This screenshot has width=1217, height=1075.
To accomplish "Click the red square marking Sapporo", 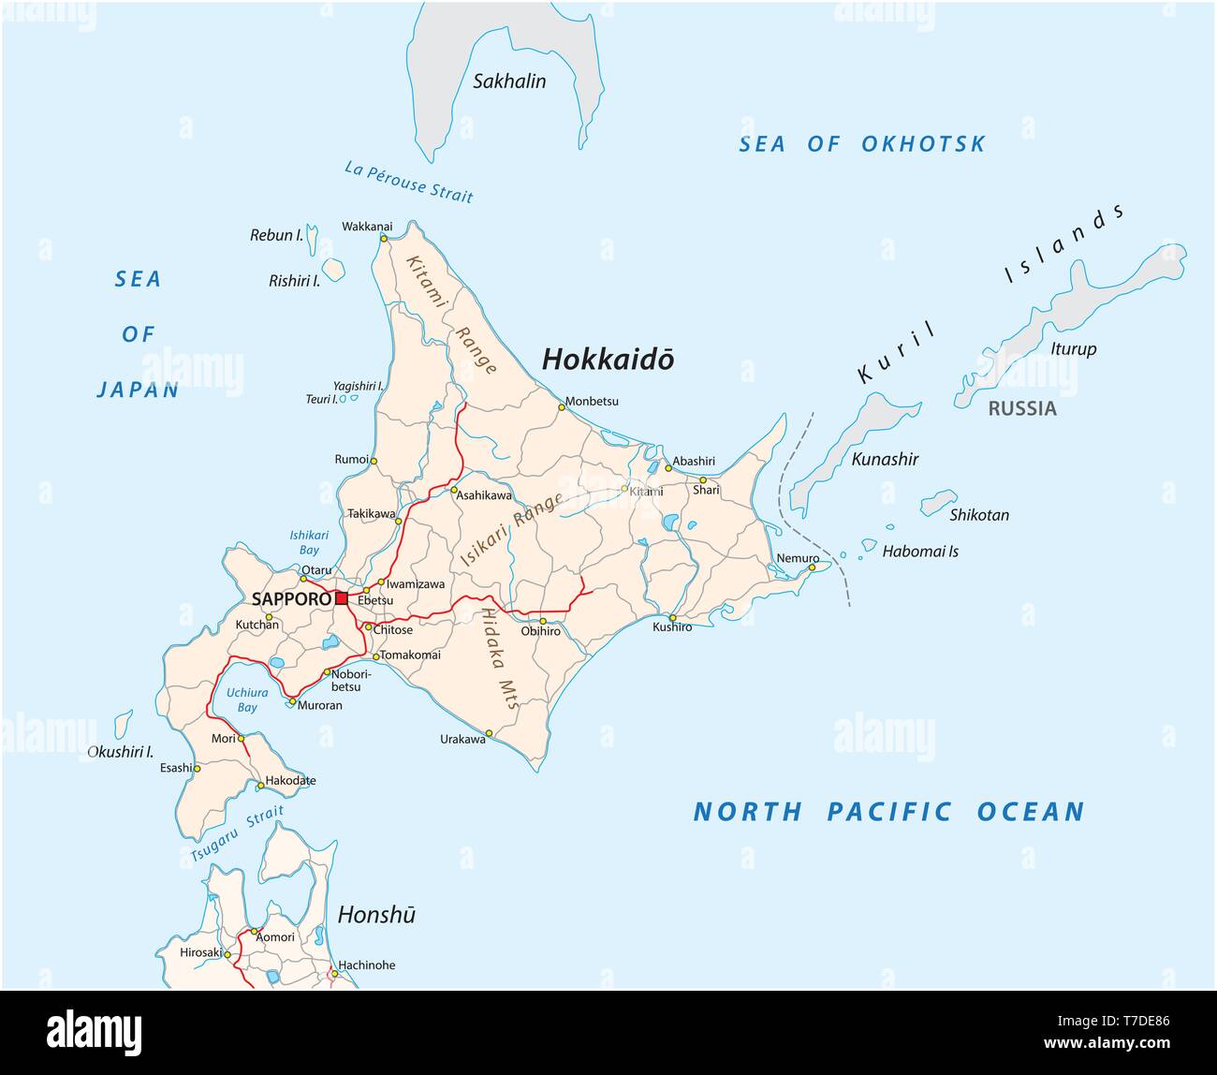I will coord(342,597).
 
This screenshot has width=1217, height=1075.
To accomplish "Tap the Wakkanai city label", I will coord(367,227).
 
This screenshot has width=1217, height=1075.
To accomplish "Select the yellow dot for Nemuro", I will coord(813,567).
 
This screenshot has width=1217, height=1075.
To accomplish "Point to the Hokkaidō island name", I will coord(608,360).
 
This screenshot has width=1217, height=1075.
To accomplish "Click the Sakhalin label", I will coord(509,81).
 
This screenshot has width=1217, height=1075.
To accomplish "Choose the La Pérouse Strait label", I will coord(409,182).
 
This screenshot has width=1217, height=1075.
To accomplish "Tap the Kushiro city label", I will coord(672,626).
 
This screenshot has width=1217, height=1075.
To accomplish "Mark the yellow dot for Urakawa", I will coord(489,733).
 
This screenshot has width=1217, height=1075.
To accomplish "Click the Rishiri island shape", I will coord(333,270).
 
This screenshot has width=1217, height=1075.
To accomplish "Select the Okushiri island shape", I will coord(123,723).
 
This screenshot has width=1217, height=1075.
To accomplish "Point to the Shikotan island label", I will coord(979,515).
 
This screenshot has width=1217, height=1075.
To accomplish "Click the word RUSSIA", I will coord(1022,408).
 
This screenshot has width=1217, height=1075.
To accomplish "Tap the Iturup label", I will coord(1074,349).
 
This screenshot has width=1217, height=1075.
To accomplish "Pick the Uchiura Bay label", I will coord(246,700).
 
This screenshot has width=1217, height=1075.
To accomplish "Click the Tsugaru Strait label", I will coord(237,834).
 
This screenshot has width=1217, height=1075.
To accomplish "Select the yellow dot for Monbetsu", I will coord(562,407).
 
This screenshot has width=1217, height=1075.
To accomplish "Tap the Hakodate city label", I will coord(290,780).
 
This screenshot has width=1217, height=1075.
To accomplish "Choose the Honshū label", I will coord(376,915).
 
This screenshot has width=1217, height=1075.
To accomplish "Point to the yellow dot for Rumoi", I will coord(374,461).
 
